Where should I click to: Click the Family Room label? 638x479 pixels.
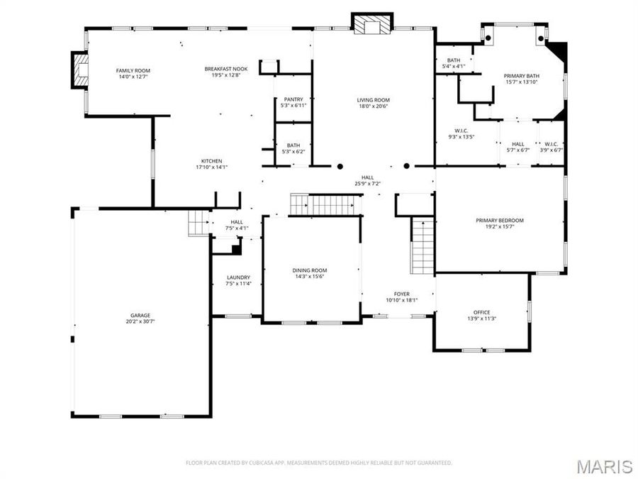(x=133, y=70)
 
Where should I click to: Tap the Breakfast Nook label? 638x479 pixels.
(x=226, y=69)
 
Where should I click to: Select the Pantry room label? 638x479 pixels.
(x=293, y=99)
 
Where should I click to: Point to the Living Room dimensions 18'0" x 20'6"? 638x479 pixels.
(x=373, y=106)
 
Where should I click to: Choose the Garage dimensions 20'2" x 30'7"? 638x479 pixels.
(x=140, y=321)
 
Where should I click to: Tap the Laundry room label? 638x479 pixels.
(x=238, y=277)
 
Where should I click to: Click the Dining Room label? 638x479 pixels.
(x=310, y=270)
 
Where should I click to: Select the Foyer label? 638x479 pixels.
(x=402, y=294)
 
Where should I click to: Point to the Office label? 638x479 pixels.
(x=481, y=312)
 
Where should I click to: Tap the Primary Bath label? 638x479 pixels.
(x=521, y=75)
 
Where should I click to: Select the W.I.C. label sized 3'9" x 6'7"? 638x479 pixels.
(x=551, y=144)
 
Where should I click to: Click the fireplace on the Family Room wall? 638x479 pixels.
(x=78, y=70)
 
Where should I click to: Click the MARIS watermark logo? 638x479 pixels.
(x=604, y=466)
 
